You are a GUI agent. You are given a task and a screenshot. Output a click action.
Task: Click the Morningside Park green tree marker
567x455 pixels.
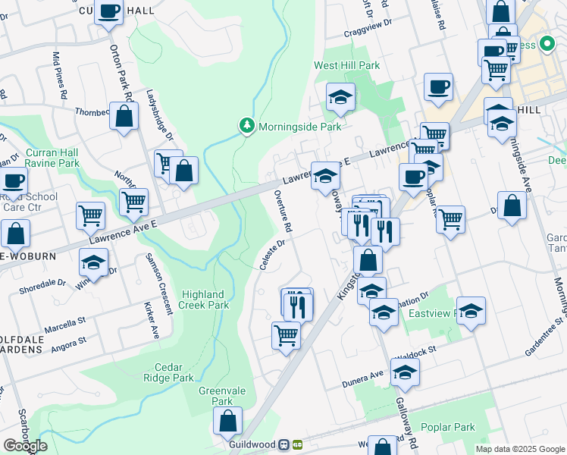coord(246,126)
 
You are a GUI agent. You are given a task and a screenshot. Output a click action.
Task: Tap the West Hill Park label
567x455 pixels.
coord(347,66)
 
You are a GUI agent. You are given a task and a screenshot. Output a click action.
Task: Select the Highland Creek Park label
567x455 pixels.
coord(203,300)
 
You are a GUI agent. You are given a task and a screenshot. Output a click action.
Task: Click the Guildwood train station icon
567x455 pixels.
coord(286,444)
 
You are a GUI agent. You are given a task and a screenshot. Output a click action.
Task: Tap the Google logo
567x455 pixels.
coord(25,446)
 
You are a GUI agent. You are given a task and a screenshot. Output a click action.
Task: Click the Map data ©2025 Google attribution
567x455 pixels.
coord(519,449)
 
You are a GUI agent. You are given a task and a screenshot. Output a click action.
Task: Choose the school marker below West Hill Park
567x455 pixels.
coord(340,97)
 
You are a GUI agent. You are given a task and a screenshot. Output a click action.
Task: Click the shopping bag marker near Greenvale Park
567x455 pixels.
coord(227,422)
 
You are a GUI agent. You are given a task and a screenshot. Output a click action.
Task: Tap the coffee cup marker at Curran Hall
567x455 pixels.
coord(109,12)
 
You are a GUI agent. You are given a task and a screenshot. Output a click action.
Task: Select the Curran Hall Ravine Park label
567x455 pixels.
coord(52,158)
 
